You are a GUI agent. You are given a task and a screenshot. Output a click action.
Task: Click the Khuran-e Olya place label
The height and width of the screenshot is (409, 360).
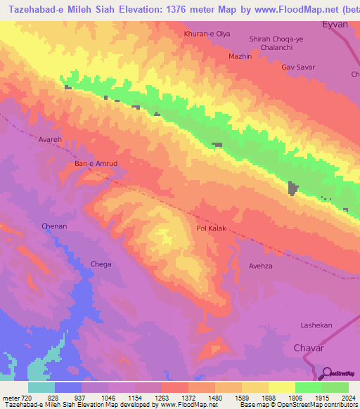tap(207, 33)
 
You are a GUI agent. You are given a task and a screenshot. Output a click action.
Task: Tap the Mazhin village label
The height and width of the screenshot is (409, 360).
tap(240, 56)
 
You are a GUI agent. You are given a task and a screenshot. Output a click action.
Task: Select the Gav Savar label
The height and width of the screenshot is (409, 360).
tap(298, 67)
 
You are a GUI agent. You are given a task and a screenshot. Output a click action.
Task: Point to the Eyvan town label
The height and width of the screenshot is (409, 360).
tap(335, 23)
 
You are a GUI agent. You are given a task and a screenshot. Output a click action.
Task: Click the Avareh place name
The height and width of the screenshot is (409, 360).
tap(51, 140)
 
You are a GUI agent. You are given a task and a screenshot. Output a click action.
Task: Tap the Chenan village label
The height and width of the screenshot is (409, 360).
tap(54, 226)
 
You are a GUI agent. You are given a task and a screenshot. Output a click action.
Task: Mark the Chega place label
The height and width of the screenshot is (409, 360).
tap(101, 264)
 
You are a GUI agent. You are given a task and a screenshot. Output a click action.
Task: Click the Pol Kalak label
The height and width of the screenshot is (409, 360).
tap(211, 229)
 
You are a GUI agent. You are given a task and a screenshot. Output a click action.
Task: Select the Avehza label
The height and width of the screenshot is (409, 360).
tap(260, 266)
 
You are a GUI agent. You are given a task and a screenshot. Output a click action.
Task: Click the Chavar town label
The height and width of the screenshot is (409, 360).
tap(308, 348)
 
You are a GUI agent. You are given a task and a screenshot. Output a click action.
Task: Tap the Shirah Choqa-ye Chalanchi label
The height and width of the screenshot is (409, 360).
tap(276, 43)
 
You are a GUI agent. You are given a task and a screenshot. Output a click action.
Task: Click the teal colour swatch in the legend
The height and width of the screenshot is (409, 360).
tap(41, 387)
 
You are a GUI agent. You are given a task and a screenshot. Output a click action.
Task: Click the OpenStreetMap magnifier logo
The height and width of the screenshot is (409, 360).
tap(326, 373)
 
